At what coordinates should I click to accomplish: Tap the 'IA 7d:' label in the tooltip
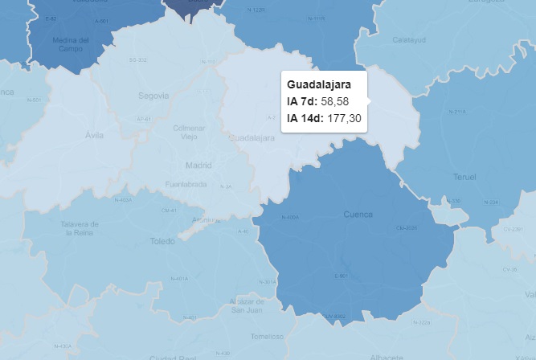pos(302,101)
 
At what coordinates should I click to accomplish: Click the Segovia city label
pos(153,96)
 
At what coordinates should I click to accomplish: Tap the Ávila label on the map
pos(94,135)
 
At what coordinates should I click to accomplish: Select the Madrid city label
pos(198,166)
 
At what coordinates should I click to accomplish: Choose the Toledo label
pos(162,241)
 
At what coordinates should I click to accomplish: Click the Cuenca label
pos(358,215)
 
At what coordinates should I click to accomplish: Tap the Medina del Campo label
pos(71,44)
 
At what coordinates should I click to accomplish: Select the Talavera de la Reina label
pos(79,227)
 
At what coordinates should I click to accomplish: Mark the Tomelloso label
pos(267,337)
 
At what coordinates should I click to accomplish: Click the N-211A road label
pos(456,111)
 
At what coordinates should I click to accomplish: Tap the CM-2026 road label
pos(407,228)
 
